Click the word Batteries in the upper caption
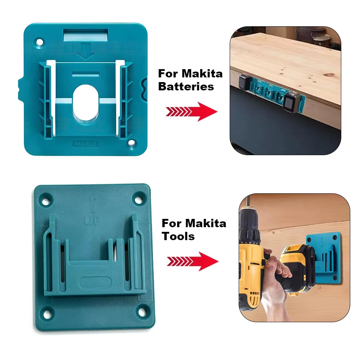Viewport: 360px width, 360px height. [x=186, y=87]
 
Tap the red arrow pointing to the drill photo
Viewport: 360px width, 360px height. [x=193, y=261]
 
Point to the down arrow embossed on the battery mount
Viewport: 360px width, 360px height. [x=86, y=51]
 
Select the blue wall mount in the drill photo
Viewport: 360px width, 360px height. [x=323, y=256]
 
